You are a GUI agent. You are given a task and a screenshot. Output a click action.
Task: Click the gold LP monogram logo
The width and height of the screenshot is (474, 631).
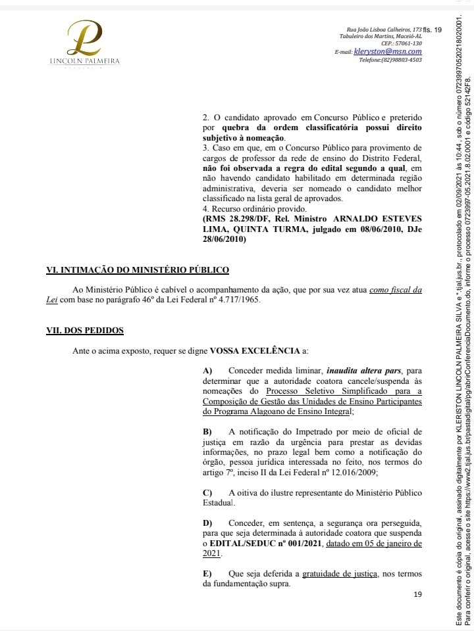[x=86, y=39]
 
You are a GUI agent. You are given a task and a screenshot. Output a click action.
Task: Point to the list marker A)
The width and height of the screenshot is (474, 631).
[x=208, y=371]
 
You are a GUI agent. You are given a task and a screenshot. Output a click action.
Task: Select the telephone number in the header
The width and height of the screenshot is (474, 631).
[x=390, y=60]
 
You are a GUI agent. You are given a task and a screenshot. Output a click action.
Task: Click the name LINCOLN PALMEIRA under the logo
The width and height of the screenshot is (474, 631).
[x=86, y=62]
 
